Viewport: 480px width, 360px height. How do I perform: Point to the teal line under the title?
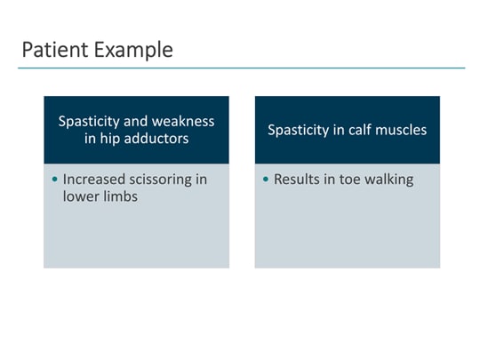(240, 68)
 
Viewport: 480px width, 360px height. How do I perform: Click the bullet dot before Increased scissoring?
(55, 180)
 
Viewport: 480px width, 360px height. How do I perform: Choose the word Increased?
(93, 180)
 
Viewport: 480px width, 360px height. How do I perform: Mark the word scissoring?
(167, 180)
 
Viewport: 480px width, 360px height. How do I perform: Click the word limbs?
(120, 196)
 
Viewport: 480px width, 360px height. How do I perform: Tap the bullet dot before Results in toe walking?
(266, 180)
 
